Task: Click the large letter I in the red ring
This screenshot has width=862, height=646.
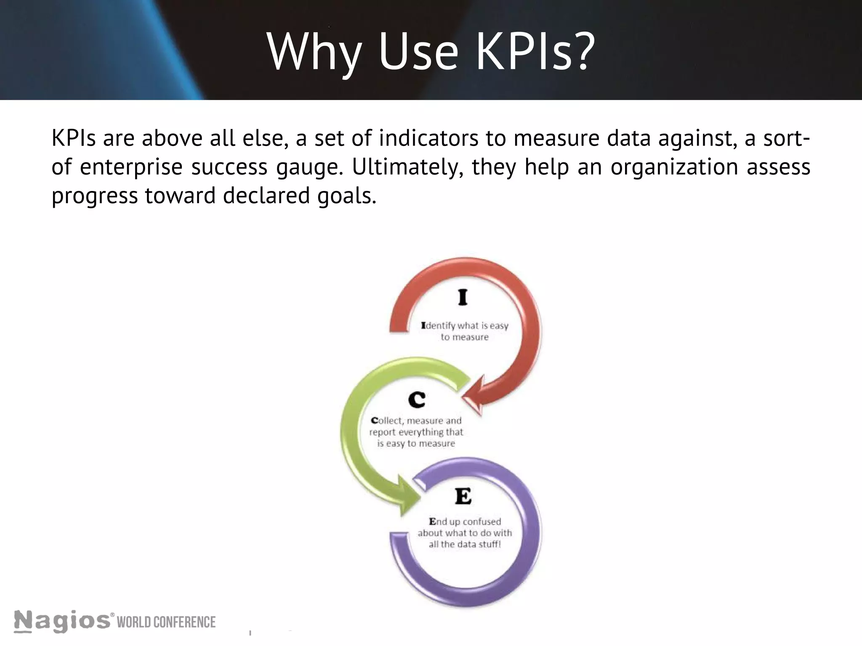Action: click(x=463, y=298)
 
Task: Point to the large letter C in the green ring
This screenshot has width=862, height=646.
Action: click(x=417, y=400)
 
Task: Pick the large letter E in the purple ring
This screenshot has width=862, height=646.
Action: click(x=463, y=497)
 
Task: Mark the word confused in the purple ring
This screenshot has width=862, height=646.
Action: click(x=482, y=522)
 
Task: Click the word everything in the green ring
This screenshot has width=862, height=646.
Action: click(x=416, y=432)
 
